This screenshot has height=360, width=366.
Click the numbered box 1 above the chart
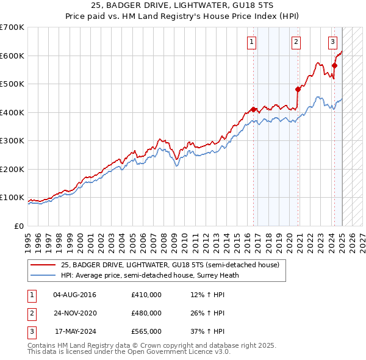click(x=252, y=42)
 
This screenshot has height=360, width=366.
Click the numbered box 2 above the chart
click(x=296, y=42)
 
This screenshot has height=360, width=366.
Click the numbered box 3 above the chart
click(x=332, y=42)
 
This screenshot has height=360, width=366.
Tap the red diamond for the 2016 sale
click(x=254, y=109)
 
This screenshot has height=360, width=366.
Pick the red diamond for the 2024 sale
click(x=335, y=65)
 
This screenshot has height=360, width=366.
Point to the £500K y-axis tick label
click(x=12, y=84)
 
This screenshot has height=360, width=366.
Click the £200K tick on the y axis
click(x=12, y=169)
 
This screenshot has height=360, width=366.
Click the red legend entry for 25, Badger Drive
click(x=170, y=265)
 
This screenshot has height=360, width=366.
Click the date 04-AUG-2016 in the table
click(x=74, y=295)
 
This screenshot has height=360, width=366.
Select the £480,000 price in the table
click(x=146, y=313)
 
